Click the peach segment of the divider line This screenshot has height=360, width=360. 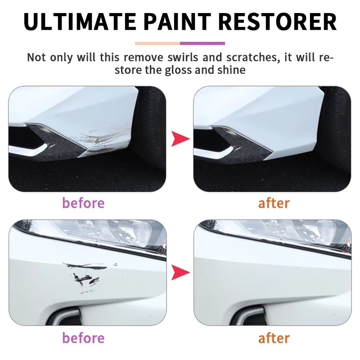157,44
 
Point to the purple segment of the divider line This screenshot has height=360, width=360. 202,44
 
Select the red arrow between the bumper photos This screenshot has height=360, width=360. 180,139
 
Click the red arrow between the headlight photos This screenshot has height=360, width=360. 180,272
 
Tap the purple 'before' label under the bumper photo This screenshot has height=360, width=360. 83,203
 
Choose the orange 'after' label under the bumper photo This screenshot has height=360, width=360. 274,203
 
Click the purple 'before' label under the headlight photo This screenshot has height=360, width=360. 83,337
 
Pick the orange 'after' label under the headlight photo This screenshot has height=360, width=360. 274,337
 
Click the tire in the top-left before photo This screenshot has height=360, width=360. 151,126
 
